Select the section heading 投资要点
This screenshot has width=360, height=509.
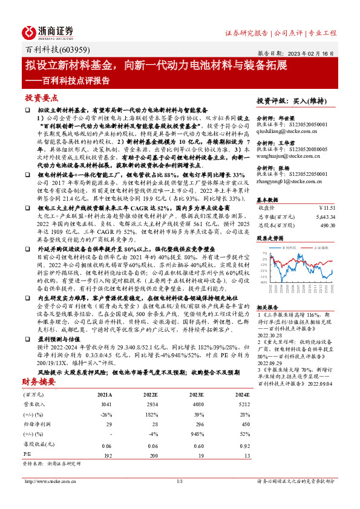point(41,97)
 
